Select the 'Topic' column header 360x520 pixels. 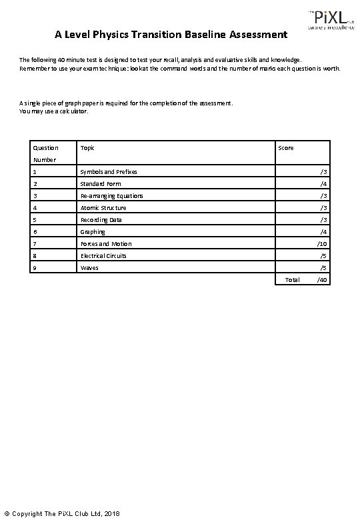coord(87,148)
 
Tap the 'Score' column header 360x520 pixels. coord(285,148)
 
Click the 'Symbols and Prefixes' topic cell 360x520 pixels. coord(109,172)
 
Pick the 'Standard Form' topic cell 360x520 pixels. coord(101,184)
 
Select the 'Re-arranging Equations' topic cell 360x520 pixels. coord(111,196)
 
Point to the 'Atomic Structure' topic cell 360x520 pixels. coord(103,208)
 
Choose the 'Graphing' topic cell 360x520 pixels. coord(93,232)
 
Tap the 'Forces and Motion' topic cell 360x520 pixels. coord(106,244)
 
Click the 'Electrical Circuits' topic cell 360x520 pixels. coord(103,256)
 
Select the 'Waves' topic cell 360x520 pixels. coord(89,268)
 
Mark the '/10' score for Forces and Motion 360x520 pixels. coord(322,244)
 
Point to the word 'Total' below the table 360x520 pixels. coord(292,280)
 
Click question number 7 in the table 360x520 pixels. coord(35,244)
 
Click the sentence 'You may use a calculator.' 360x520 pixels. coord(53,111)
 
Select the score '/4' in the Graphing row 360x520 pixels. coord(323,232)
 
